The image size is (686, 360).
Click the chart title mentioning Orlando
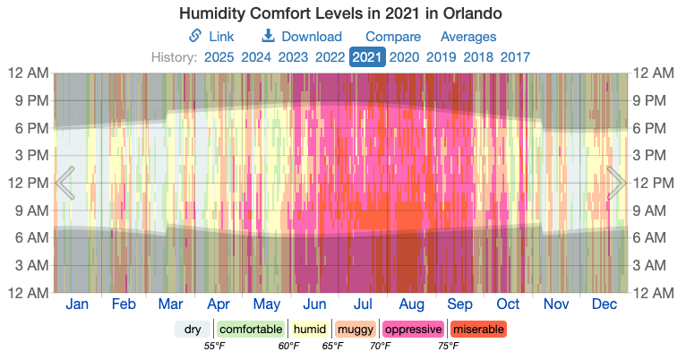340,14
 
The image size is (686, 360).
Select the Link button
211,37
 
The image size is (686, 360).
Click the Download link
302,37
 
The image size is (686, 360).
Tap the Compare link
393,37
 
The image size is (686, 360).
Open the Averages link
468,37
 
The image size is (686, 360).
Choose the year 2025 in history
219,57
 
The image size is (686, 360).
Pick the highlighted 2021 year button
367,57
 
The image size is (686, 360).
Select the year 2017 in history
515,57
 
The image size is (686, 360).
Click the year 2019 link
441,57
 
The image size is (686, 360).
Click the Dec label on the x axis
605,304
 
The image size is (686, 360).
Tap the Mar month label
170,304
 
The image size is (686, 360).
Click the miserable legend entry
478,329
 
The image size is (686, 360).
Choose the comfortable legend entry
251,329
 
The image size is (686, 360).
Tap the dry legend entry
193,329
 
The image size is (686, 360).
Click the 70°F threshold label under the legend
380,346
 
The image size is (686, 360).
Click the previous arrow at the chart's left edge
65,183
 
